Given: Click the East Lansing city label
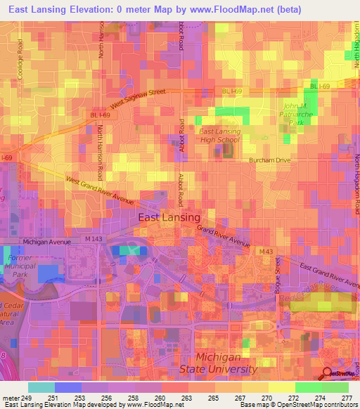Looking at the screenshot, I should tap(169, 218).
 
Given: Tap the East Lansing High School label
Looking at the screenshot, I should tap(219, 136).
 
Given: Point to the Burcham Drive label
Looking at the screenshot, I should tap(270, 161).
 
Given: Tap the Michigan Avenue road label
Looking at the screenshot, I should tap(47, 241).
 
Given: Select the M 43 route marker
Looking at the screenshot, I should tap(265, 252).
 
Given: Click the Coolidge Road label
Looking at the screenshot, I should tap(20, 54).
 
